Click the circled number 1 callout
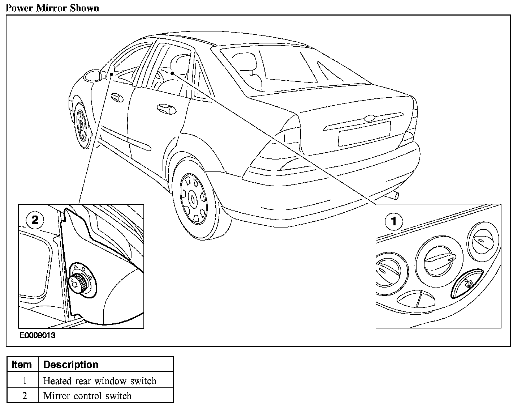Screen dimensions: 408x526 [x=394, y=221]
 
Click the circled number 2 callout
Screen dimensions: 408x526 [x=35, y=220]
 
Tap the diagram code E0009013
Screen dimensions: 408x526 [x=38, y=336]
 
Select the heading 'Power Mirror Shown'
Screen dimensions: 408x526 [x=52, y=8]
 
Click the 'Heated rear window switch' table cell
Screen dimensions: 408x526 [x=100, y=381]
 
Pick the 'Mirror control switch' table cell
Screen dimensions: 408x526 [x=87, y=396]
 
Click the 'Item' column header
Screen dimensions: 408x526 [x=22, y=364]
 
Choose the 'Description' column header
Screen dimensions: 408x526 [x=71, y=364]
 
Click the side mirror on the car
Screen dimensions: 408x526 [x=92, y=76]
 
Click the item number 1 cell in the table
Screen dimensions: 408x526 [x=25, y=381]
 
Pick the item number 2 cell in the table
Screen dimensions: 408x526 [x=25, y=396]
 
